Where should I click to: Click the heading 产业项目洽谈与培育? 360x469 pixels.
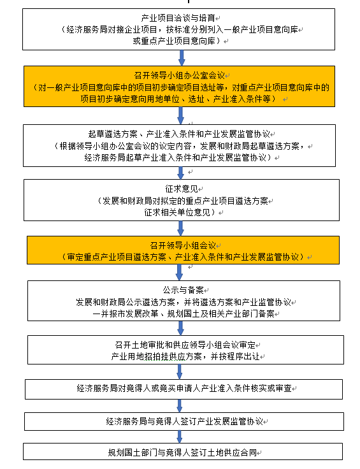coord(178,18)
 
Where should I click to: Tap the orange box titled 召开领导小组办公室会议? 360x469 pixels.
coord(180,87)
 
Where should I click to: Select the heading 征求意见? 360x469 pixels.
coord(182,189)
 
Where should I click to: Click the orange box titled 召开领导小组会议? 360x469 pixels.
coord(183,250)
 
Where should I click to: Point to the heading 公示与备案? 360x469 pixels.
coord(183,290)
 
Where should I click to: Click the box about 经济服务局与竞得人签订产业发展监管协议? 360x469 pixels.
coord(184,421)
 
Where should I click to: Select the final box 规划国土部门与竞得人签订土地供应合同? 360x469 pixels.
coord(183,451)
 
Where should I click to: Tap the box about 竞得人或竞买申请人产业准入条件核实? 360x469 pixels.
coord(184,389)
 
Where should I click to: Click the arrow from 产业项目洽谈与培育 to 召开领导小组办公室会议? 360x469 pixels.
coord(182,58)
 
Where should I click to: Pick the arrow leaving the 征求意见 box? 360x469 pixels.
coord(180,229)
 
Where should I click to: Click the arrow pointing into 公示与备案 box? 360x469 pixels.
coord(180,272)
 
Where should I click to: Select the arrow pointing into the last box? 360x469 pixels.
coord(180,437)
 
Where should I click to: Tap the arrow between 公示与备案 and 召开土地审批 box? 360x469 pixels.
coord(180,328)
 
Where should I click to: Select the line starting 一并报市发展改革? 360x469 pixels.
coord(184,314)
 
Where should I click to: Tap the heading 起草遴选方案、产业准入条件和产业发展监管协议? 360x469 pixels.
coord(179,134)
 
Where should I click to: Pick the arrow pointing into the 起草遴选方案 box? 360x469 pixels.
coord(180,115)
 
